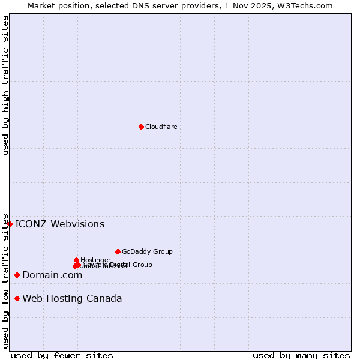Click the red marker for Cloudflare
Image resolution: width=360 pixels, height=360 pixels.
(x=141, y=127)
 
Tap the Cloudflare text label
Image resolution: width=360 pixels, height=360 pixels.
(x=161, y=127)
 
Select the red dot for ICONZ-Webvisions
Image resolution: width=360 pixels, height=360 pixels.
(x=10, y=224)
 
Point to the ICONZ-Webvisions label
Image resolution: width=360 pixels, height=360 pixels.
(x=59, y=224)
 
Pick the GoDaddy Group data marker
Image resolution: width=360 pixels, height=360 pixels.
(x=118, y=251)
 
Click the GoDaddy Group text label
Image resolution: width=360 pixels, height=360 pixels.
(x=147, y=251)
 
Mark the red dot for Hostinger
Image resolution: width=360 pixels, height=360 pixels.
(x=76, y=260)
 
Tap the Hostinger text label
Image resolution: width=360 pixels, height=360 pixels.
(x=95, y=260)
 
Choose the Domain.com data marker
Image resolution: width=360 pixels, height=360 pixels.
(x=17, y=275)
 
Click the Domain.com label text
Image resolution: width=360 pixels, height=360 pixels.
(x=52, y=275)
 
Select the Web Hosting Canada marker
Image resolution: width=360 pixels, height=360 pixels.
(x=17, y=298)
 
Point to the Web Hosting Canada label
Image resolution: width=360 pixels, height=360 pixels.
(x=72, y=298)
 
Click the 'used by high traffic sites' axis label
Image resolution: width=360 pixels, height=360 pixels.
(x=6, y=85)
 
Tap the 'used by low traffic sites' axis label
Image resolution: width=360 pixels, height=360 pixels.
(x=6, y=280)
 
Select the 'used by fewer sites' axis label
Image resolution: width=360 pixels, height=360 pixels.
(x=62, y=355)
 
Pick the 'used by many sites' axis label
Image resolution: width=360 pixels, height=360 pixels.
(x=301, y=355)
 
